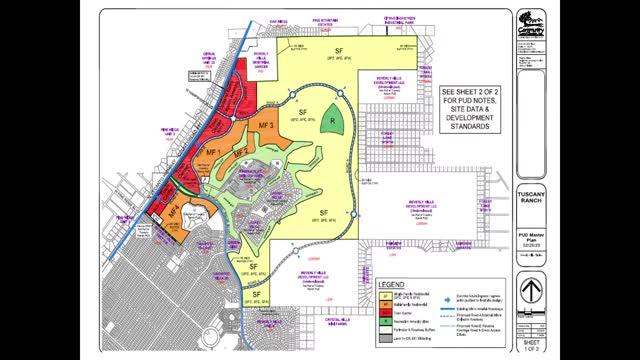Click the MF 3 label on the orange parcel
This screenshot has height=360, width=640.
(x=266, y=125)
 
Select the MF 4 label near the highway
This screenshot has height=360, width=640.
(x=174, y=212)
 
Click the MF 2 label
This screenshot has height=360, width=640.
(x=240, y=151)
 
